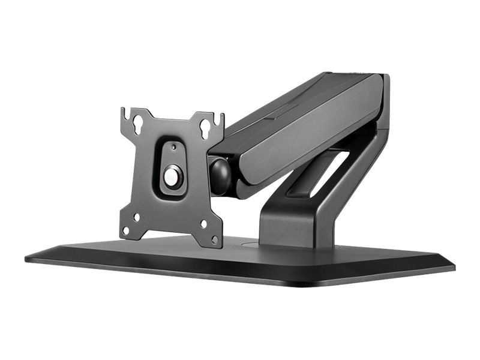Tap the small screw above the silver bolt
[173, 147]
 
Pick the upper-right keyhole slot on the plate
[206, 128]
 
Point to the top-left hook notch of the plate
[124, 112]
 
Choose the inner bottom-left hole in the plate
[137, 217]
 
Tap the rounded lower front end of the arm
[243, 186]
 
